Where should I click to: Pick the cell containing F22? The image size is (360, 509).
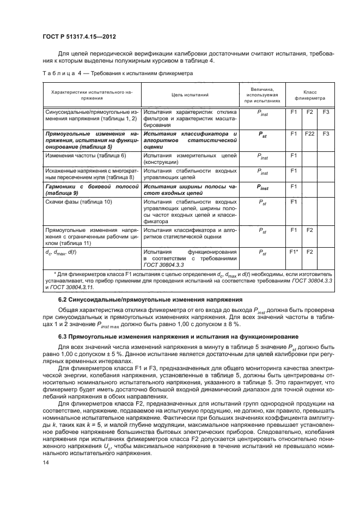click(x=309, y=133)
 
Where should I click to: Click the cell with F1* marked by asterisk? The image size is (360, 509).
click(x=293, y=252)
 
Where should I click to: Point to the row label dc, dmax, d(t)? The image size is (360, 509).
click(x=61, y=253)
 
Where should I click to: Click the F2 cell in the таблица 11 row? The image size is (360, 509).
click(x=309, y=230)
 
